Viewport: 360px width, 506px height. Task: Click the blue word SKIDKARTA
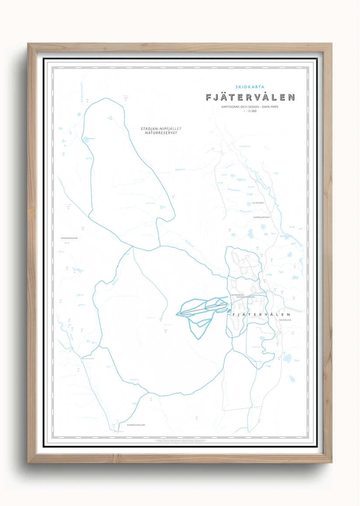click(250, 87)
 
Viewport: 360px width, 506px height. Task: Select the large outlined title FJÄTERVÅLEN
click(250, 98)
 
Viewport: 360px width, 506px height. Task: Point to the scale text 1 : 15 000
click(250, 112)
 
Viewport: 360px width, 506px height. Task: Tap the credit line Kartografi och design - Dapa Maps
click(250, 107)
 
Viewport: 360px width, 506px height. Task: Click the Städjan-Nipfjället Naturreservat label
click(161, 130)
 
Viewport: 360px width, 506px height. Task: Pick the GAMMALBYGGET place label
click(262, 217)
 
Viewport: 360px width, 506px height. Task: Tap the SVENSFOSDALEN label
click(69, 238)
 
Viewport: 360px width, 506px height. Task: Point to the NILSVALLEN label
click(284, 320)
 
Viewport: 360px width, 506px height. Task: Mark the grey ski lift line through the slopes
click(201, 309)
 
